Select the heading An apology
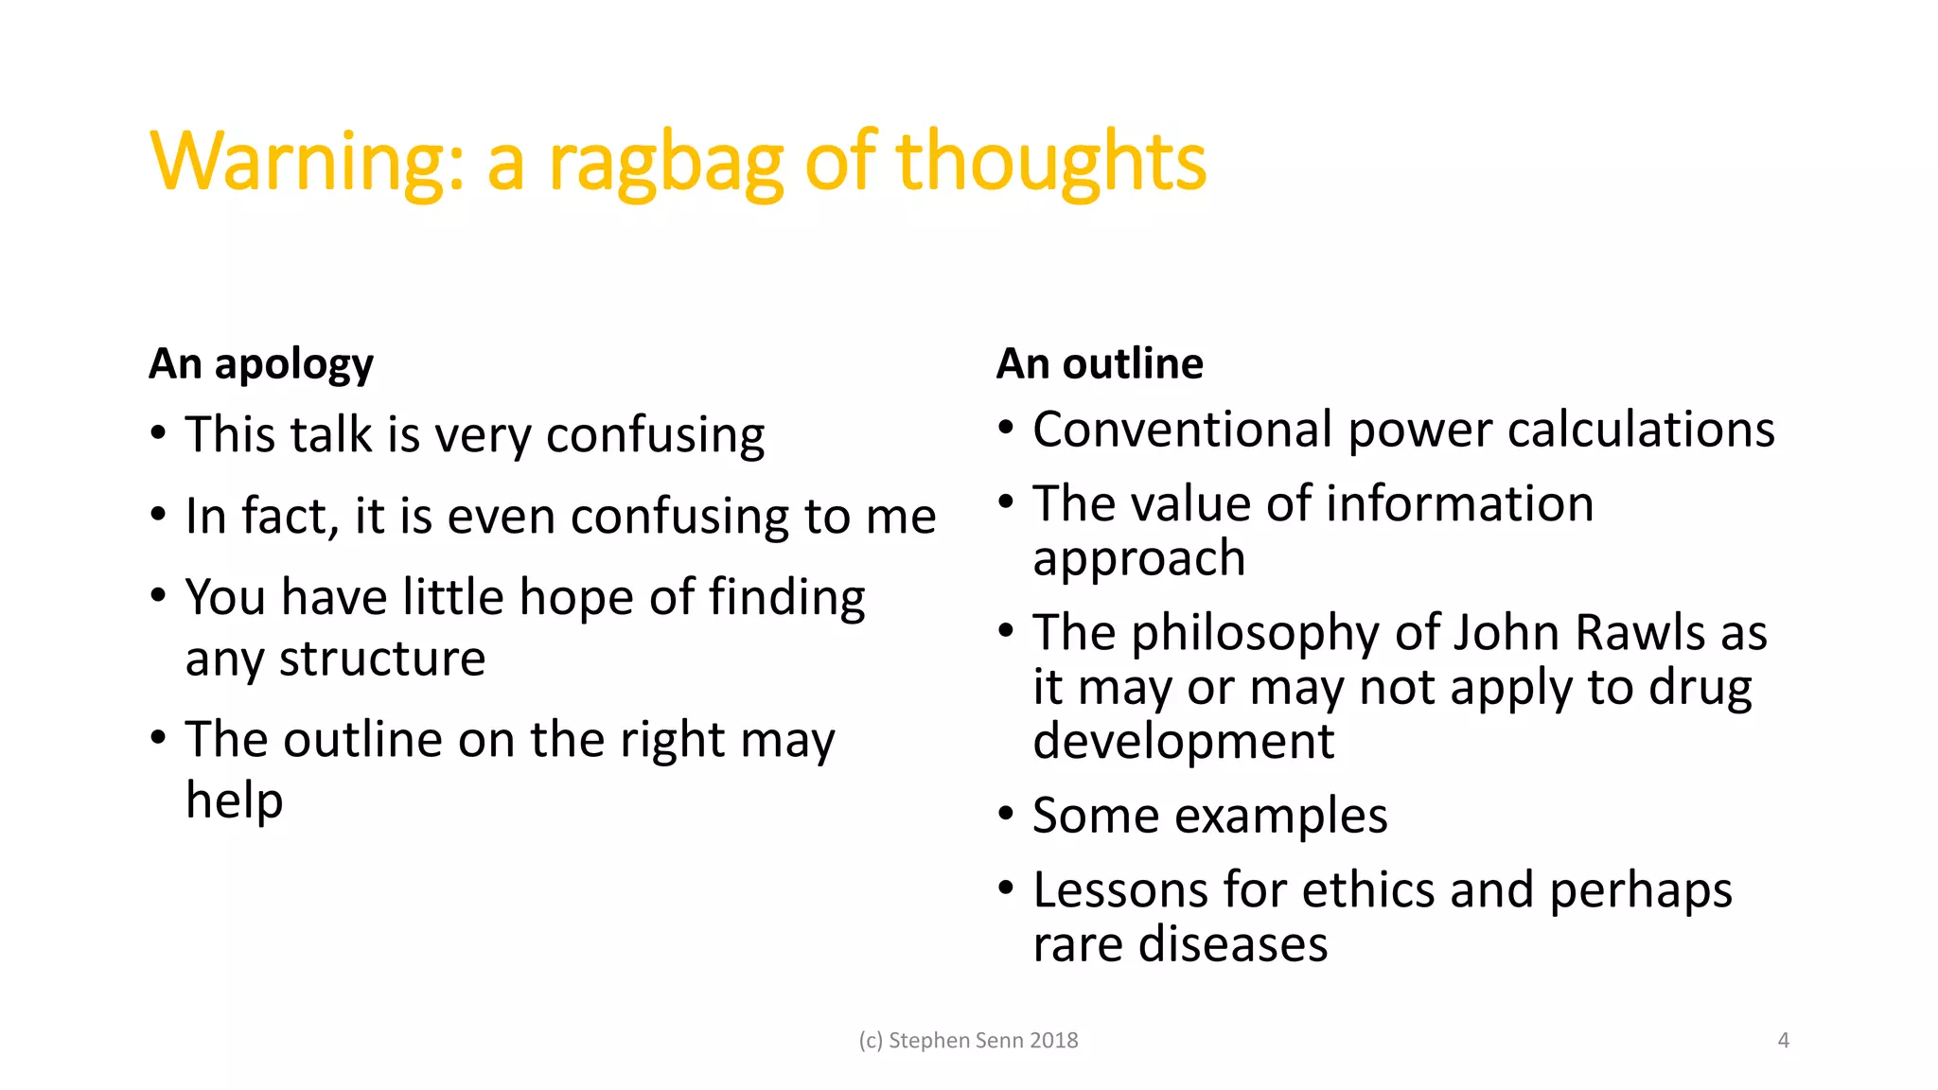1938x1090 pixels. [261, 364]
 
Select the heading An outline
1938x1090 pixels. [1100, 364]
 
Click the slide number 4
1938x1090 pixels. [1784, 1041]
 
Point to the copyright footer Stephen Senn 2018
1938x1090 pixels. [969, 1041]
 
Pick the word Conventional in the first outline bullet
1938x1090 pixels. [1183, 430]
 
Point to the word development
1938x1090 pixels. [1183, 741]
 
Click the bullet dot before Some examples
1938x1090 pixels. [1006, 814]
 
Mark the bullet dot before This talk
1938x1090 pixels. [158, 433]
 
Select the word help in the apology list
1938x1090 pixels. [234, 800]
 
